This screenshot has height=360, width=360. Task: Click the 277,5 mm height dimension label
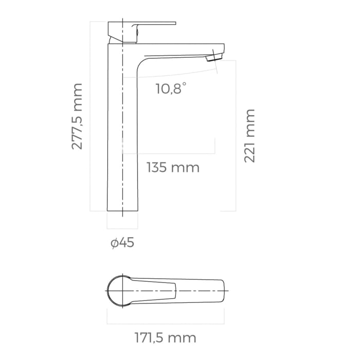(x=77, y=116)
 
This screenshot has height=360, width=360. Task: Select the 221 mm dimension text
(x=250, y=136)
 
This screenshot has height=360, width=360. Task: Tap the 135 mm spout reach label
(x=173, y=168)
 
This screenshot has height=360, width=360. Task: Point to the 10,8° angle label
(x=170, y=89)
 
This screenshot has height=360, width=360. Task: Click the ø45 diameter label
(x=122, y=243)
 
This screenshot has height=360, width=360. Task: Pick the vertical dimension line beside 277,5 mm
(x=91, y=116)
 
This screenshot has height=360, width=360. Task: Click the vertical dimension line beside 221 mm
(x=236, y=136)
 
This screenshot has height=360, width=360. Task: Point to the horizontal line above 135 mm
(x=170, y=153)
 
